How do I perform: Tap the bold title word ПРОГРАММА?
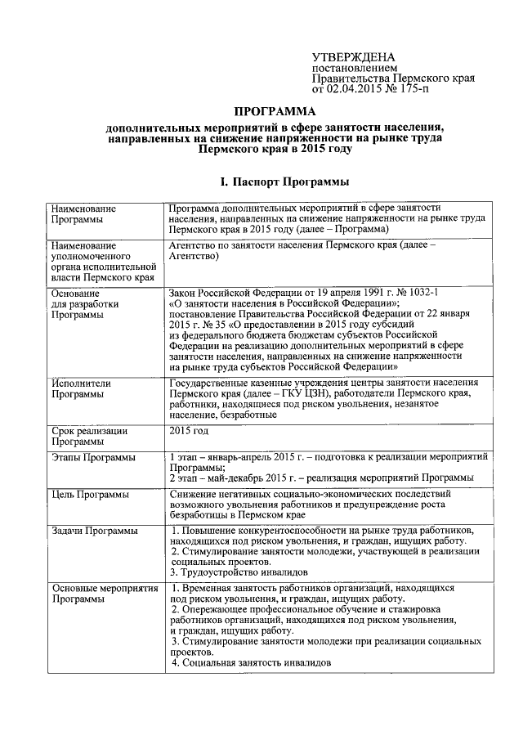point(274,111)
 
